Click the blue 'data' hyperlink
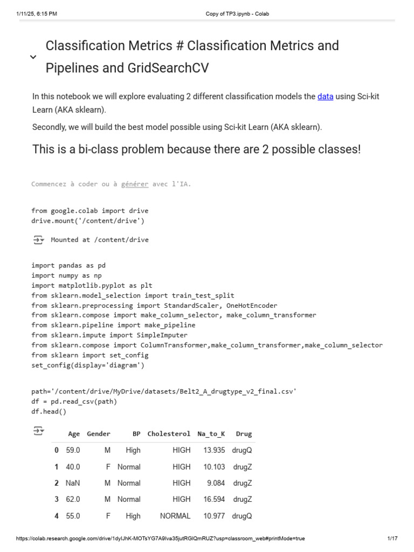325,96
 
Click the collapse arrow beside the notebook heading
33,57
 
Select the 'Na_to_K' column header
211,433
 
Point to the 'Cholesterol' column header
169,433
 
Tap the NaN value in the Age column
73,483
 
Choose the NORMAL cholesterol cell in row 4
175,516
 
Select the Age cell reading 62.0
73,499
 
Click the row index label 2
56,483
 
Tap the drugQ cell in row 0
241,450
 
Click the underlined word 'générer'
135,184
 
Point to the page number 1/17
392,539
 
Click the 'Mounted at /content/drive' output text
100,240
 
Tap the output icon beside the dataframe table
38,431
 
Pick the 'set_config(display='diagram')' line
88,365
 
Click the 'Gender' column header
99,433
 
